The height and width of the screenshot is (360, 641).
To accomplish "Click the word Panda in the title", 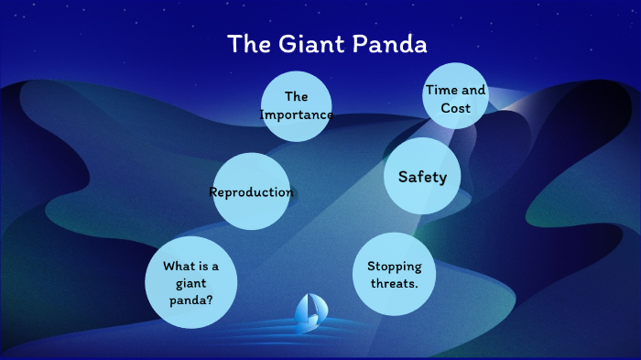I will tap(392, 44).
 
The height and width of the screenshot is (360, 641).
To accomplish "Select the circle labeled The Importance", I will tap(296, 105).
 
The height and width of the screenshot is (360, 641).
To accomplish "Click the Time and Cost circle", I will tap(455, 98).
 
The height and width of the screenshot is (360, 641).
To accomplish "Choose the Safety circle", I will tap(422, 177).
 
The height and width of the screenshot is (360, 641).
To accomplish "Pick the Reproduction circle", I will tap(251, 192).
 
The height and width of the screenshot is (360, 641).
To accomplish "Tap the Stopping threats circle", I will tap(394, 274).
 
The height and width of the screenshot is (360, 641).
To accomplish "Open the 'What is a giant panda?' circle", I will tap(191, 281).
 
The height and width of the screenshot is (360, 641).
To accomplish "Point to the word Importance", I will tap(296, 115).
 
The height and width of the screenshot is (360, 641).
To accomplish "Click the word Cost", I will tap(455, 108).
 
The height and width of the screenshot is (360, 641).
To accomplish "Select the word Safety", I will tap(422, 177).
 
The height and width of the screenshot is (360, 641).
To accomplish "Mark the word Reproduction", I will tap(251, 192).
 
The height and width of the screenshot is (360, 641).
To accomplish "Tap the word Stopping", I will tap(394, 267).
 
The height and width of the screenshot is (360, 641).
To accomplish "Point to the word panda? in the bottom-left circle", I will tap(190, 298).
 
